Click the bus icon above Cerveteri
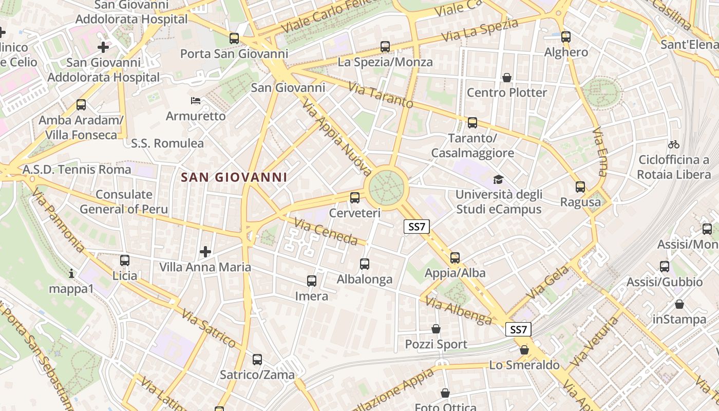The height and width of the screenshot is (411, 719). pos(354,197)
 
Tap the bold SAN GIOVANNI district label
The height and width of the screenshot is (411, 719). pos(234,177)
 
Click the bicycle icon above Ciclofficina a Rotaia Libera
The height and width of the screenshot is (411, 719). pos(674,144)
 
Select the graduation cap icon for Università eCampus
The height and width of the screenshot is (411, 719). pos(498,179)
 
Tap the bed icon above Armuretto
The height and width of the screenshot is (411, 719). pos(196,100)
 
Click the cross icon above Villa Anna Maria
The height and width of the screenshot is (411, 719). pos(205,252)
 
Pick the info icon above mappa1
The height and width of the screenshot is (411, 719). pos(71,273)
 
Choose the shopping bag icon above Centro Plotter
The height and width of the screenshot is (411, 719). pos(507,78)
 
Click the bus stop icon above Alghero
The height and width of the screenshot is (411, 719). pos(566,37)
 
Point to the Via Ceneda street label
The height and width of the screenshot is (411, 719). pos(326,231)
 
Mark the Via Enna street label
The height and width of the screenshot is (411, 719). pos(599,152)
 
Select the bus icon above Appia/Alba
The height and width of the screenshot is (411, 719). pos(455,257)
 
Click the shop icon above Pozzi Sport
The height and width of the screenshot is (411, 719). pos(436,329)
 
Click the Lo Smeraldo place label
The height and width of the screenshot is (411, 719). pos(524,365)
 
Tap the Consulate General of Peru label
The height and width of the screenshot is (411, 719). pos(124,201)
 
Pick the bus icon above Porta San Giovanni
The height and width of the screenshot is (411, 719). pos(234,38)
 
